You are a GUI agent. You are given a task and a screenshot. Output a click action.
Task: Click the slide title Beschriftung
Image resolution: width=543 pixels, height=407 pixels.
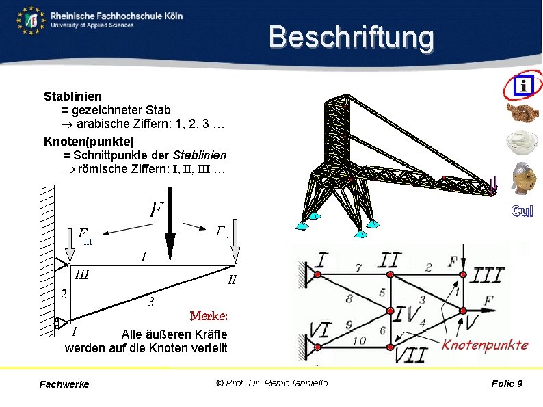pyautogui.click(x=351, y=38)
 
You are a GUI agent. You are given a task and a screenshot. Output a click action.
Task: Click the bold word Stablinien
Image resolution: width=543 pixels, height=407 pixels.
pyautogui.click(x=73, y=96)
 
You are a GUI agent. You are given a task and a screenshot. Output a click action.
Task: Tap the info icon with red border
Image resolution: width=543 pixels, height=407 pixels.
pyautogui.click(x=523, y=85)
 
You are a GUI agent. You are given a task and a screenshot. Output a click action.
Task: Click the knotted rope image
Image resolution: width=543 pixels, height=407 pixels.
pyautogui.click(x=522, y=113)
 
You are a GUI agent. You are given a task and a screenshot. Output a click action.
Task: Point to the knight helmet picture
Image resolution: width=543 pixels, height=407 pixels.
pyautogui.click(x=523, y=178)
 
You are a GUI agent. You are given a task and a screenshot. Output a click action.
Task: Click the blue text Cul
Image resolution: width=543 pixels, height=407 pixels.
pyautogui.click(x=522, y=211)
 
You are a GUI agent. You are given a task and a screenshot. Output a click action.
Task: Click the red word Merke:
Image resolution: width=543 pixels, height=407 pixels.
pyautogui.click(x=209, y=316)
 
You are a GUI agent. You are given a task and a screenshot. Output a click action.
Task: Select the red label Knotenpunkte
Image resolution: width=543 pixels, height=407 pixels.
pyautogui.click(x=485, y=344)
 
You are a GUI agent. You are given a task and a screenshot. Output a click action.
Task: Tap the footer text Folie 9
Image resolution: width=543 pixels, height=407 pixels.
pyautogui.click(x=507, y=384)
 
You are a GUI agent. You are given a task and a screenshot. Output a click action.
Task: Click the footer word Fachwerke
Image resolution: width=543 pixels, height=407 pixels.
pyautogui.click(x=64, y=384)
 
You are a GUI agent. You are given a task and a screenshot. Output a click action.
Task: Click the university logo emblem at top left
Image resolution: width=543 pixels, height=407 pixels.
pyautogui.click(x=31, y=21)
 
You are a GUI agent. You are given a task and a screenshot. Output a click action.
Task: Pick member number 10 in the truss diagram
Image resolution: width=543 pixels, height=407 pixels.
pyautogui.click(x=358, y=340)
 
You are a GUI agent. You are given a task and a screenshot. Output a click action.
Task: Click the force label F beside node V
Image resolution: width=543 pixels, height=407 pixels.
pyautogui.click(x=489, y=300)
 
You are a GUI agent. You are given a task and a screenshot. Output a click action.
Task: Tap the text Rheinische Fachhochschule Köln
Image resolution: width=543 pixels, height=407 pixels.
pyautogui.click(x=116, y=15)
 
